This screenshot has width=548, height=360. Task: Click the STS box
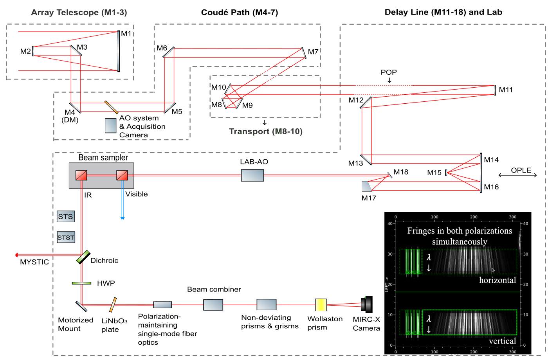point(65,216)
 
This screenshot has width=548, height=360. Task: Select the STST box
point(66,238)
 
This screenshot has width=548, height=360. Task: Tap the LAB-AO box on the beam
point(252,175)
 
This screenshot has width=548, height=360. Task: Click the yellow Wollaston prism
point(321,304)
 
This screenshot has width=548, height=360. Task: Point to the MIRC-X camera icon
point(367,304)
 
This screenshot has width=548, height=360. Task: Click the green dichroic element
point(83,257)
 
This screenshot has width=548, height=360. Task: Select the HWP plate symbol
point(81,283)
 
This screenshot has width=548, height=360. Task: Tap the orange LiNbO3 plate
point(113,305)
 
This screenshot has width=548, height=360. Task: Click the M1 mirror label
point(126,34)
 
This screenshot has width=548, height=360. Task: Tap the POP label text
point(389,72)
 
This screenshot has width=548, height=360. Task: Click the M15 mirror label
point(434,173)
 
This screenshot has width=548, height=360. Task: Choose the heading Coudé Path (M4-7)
point(239,13)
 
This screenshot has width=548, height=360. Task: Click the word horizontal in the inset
point(497,280)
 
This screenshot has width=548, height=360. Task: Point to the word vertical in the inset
point(502,341)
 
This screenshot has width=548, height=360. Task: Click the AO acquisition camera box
point(110,126)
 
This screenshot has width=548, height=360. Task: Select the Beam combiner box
point(213,304)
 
